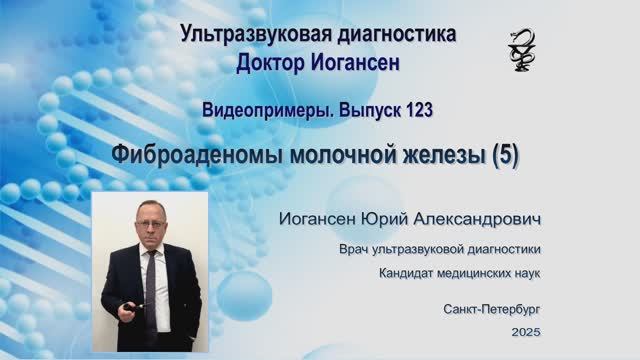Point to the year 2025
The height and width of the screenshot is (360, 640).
[x=524, y=331]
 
